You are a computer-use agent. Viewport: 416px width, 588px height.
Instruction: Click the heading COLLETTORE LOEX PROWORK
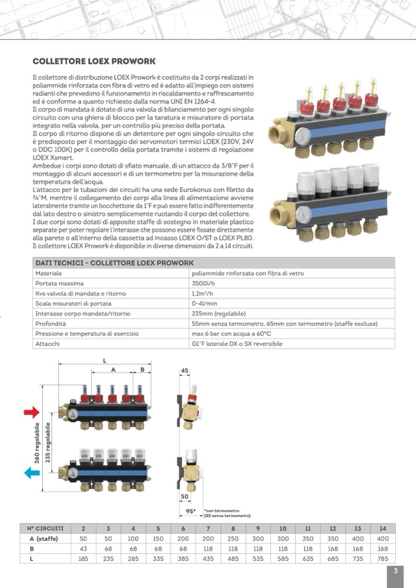(94, 61)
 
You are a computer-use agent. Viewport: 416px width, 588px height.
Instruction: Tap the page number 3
(396, 571)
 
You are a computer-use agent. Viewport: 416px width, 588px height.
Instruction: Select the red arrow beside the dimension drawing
(31, 412)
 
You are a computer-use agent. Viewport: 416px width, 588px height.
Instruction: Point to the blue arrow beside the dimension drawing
(31, 473)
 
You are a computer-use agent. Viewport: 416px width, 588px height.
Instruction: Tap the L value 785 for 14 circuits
(383, 559)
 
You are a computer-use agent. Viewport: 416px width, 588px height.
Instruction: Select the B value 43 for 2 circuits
(83, 549)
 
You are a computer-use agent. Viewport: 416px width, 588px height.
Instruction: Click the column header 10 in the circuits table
(283, 529)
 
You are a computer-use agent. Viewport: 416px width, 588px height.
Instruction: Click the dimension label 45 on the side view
(185, 370)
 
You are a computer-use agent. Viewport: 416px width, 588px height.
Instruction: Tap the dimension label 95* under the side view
(191, 510)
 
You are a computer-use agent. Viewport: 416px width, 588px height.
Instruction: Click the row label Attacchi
(47, 343)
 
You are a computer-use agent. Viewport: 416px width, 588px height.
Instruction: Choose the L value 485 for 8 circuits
(233, 559)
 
